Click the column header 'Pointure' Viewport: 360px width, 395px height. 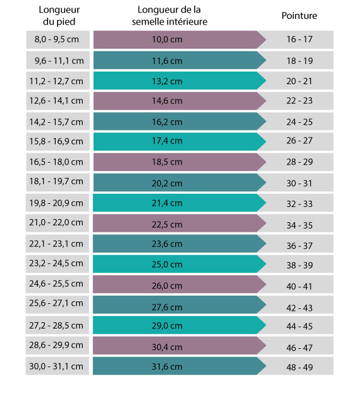coord(299,16)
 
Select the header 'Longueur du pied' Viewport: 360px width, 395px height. coord(59,16)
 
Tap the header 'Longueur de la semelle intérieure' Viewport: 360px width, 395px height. coord(170,16)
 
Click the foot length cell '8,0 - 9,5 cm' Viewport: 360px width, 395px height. coord(57,39)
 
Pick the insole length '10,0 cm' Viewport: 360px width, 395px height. coord(167,39)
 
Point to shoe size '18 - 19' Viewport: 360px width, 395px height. coord(300,61)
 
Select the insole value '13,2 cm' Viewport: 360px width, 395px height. coord(167,82)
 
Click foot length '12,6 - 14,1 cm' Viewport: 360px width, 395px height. coord(56,101)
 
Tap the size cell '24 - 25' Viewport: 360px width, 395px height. coord(300,122)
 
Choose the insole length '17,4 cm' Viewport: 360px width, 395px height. coord(167,141)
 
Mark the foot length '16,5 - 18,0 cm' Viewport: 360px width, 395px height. coord(56,161)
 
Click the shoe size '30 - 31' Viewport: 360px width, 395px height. coord(299,183)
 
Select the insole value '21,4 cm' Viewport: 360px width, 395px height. coord(167,203)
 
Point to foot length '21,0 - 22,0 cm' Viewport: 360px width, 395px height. coord(56,222)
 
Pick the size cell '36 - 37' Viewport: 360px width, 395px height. coord(300,246)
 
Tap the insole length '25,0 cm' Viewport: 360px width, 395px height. coord(167,264)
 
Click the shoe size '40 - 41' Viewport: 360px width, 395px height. coord(299,286)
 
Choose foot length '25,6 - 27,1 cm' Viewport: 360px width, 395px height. coord(56,303)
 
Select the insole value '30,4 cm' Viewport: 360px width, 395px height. coord(167,347)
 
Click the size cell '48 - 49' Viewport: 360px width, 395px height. coord(300,367)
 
